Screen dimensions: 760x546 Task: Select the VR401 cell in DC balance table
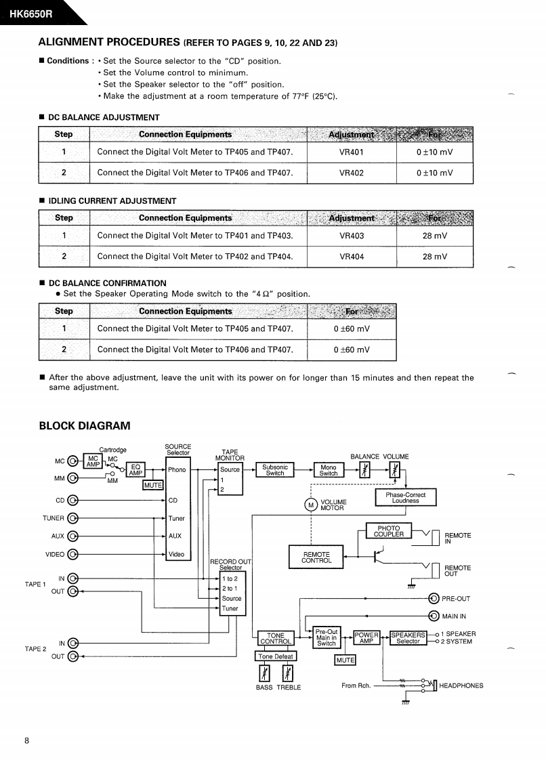click(x=351, y=152)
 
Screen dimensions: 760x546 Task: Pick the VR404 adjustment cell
click(x=351, y=257)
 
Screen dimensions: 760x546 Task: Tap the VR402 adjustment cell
click(x=351, y=173)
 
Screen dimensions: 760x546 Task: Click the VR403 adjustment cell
click(x=351, y=236)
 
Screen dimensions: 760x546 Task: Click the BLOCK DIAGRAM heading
click(x=85, y=425)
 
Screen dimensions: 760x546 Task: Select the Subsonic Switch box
click(x=274, y=470)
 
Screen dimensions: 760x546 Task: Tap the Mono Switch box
click(x=329, y=470)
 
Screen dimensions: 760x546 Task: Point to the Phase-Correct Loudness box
click(x=405, y=498)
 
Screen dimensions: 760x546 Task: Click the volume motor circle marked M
click(x=312, y=505)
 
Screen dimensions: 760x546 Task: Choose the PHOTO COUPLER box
click(x=388, y=531)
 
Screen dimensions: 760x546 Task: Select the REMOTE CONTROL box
click(x=316, y=557)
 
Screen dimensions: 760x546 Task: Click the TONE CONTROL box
click(x=275, y=639)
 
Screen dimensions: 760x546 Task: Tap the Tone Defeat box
click(x=275, y=656)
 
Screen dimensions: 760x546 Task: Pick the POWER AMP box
click(x=366, y=638)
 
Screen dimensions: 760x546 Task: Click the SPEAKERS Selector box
click(x=408, y=638)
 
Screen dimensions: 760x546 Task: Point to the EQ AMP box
click(x=135, y=470)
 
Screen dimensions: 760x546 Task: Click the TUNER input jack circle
click(x=73, y=519)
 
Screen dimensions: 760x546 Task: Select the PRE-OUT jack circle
click(x=434, y=598)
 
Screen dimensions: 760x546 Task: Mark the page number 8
click(x=26, y=740)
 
